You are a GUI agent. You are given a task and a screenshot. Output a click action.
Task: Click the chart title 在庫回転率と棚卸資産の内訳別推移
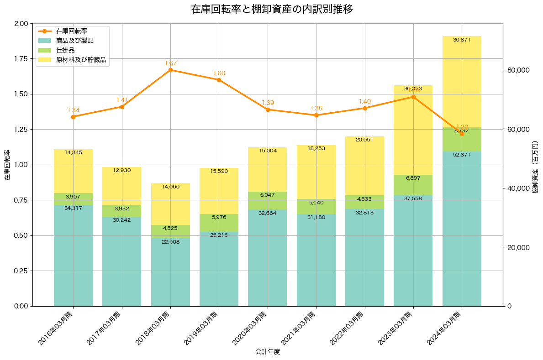click(272, 9)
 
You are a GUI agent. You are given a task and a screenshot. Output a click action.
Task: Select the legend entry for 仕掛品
click(65, 50)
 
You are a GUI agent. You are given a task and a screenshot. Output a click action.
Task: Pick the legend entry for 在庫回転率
click(72, 31)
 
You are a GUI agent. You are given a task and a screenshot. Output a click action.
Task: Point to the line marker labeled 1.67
click(170, 70)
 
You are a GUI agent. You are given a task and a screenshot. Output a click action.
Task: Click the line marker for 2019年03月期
click(219, 80)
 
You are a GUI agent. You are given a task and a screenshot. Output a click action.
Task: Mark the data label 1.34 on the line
click(73, 110)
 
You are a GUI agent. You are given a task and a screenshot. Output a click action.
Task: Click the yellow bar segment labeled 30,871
click(462, 82)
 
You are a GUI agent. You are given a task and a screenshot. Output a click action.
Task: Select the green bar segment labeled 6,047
click(267, 201)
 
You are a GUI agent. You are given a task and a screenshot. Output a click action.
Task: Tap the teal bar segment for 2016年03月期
click(73, 256)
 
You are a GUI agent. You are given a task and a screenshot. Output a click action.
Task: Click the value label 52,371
click(462, 155)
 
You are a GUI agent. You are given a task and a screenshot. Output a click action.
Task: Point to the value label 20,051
click(364, 140)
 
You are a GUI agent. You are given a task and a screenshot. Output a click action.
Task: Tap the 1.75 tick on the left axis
click(21, 59)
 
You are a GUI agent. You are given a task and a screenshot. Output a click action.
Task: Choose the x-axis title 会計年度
click(267, 352)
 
